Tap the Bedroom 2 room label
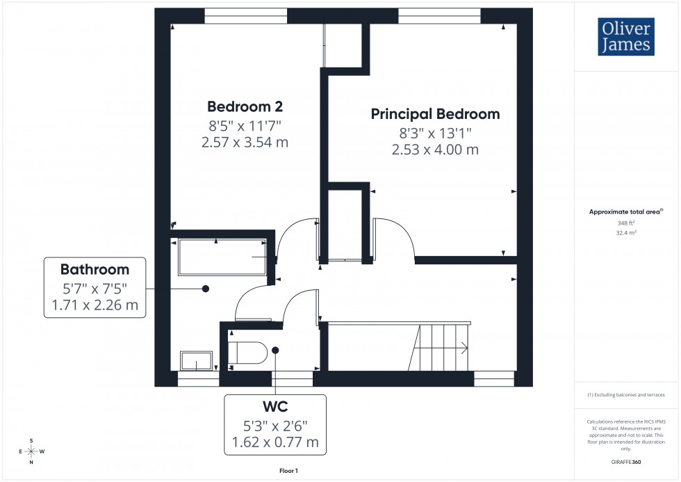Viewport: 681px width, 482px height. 245,106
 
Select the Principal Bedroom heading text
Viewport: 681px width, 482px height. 435,114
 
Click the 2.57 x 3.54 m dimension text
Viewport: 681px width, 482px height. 244,143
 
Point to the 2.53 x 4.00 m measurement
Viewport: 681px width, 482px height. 435,150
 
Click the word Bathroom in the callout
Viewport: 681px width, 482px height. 95,269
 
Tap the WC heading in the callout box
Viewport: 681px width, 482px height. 275,405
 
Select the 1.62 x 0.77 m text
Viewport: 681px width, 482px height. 275,441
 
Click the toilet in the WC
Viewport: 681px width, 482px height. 248,353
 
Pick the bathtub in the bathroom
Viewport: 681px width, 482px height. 222,257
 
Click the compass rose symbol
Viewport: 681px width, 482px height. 31,451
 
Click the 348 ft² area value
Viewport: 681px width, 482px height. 626,223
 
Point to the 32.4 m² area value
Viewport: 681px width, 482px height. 626,234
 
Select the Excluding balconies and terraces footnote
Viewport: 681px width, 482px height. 626,394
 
